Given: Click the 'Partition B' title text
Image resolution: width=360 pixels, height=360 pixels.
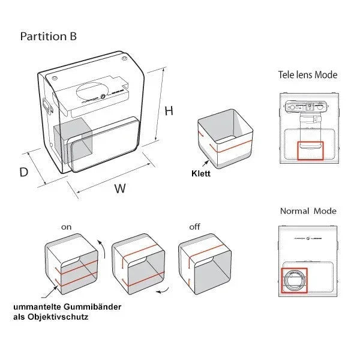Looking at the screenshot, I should click(48, 37).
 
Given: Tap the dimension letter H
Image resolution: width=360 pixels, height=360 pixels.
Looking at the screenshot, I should click(169, 111).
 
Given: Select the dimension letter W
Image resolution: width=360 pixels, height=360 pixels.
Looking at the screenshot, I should click(120, 188).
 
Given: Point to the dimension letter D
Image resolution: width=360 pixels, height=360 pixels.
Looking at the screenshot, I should click(24, 172).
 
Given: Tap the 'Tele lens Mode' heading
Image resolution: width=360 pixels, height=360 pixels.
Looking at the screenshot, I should click(307, 75).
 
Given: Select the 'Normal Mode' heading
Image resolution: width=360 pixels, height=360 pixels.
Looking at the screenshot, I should click(308, 211).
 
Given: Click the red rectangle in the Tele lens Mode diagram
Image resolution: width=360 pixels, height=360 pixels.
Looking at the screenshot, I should click(310, 151).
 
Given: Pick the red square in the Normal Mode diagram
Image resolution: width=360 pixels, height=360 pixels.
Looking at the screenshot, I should click(294, 280).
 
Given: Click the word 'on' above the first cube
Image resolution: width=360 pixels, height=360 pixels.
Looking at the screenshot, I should click(66, 227).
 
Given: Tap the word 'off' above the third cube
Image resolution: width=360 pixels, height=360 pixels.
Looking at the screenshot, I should click(194, 227).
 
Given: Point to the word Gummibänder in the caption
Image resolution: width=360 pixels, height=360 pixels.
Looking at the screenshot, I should click(98, 307).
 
